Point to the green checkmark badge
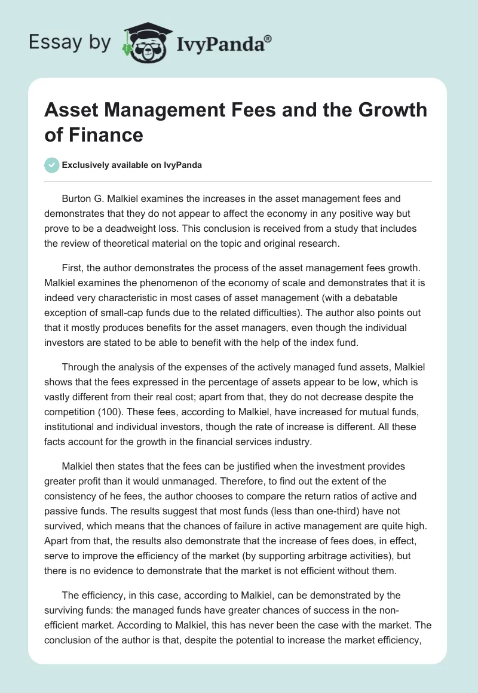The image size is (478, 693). coord(53,165)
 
